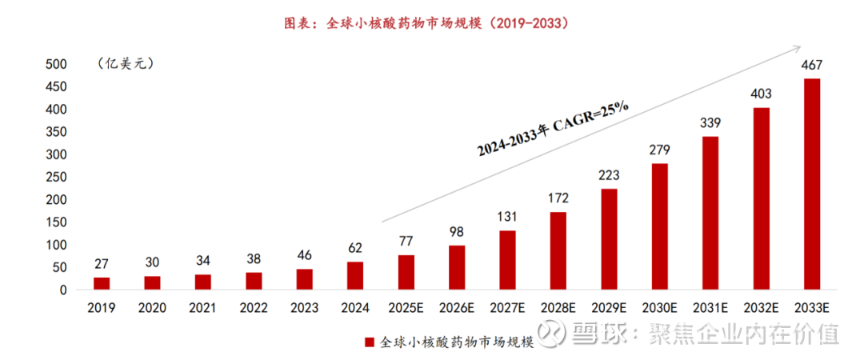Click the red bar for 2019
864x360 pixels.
102,284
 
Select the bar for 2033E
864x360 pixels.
811,184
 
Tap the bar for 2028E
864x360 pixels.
558,250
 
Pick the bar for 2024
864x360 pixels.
355,276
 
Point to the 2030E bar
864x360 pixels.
659,226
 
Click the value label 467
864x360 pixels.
811,66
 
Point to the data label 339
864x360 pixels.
710,123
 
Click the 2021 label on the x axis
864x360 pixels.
203,307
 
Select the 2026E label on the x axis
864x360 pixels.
457,307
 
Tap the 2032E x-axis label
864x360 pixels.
761,307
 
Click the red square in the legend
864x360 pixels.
370,342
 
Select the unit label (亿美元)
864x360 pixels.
124,62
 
